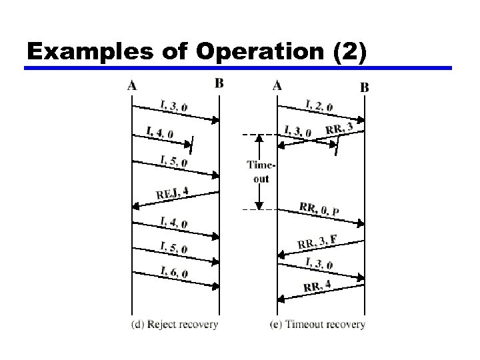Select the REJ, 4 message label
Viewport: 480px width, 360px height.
(173, 193)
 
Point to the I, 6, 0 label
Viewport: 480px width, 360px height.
(174, 271)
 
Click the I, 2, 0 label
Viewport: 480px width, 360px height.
(319, 104)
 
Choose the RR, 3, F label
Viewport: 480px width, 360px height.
(317, 241)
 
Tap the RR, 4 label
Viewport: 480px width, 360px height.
(317, 287)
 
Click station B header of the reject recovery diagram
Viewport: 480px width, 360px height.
(219, 83)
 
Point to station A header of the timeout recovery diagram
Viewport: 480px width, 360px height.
(277, 85)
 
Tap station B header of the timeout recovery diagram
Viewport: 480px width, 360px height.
(365, 87)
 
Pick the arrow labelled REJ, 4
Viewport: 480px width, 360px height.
(176, 200)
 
